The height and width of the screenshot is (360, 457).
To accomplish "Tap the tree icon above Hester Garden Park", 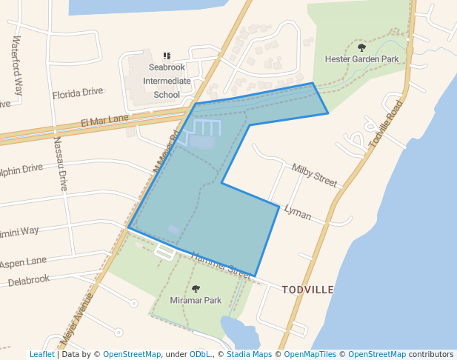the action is [361, 47].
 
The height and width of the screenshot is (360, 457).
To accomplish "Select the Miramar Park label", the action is [196, 301].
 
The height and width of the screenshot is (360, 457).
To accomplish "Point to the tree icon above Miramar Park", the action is [196, 289].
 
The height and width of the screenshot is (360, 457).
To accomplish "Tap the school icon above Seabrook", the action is [167, 56].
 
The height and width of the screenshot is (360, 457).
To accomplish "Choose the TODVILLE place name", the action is [307, 290].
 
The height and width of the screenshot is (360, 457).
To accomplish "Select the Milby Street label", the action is [314, 175].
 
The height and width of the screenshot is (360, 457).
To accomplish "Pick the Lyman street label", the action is [298, 214].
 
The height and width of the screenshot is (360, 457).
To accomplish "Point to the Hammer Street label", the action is [221, 263].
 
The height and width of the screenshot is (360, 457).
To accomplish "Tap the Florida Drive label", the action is [78, 93].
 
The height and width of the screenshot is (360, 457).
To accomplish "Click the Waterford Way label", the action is [18, 64].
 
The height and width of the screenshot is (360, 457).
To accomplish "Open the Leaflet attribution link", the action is [41, 355].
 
